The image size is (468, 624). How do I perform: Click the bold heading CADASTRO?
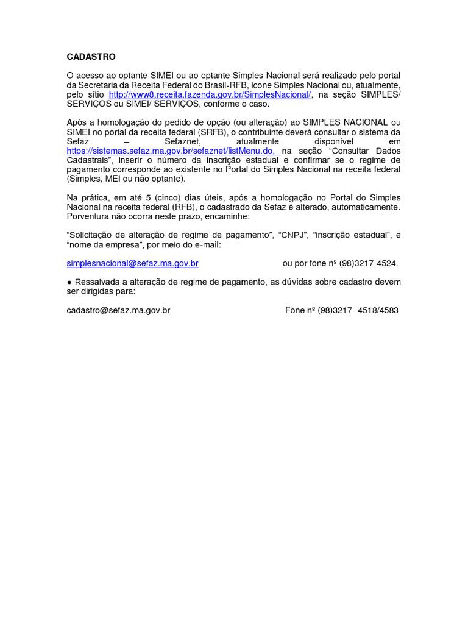click(x=91, y=57)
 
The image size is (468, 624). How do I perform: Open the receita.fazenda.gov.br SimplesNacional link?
click(x=210, y=95)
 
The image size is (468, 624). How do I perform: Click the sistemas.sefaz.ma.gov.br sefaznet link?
click(x=174, y=151)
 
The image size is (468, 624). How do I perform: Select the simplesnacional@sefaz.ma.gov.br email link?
click(x=133, y=264)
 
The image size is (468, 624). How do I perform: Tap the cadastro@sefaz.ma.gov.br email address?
click(x=118, y=310)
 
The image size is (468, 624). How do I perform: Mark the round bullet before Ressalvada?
click(x=69, y=282)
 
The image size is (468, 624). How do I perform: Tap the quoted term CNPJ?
click(x=293, y=235)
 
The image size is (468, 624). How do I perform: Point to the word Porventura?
click(x=89, y=216)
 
